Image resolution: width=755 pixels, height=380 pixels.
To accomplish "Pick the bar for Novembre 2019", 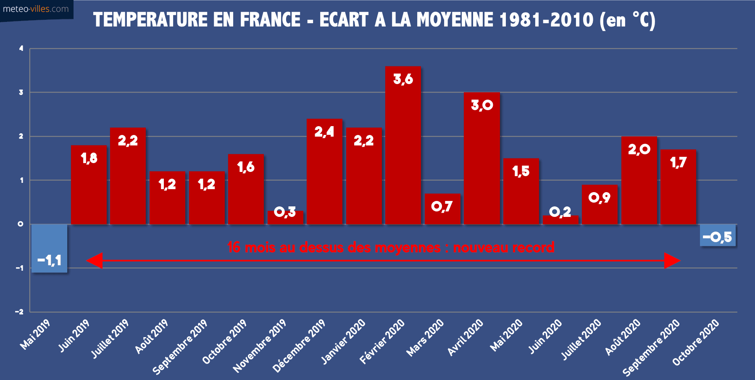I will pos(285,218).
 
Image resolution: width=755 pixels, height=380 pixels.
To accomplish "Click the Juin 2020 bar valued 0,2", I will pos(560,220).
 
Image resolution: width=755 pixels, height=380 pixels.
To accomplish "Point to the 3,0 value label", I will pos(482,105).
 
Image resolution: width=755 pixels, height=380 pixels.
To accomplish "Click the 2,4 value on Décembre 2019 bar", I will pos(324,132).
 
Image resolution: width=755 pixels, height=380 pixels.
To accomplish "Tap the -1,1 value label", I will pos(50,261).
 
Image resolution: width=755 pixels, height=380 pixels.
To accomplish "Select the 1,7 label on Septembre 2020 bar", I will pos(678,163).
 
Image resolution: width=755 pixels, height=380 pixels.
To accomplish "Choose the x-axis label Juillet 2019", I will pos(110,338).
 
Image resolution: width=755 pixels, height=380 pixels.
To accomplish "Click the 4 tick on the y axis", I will pos(21,48).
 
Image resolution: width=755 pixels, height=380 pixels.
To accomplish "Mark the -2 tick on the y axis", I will pos(19,311).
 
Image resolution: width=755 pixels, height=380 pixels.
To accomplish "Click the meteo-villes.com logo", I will pos(36,9).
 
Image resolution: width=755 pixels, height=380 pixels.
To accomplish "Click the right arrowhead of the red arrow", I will pos(672,261).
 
